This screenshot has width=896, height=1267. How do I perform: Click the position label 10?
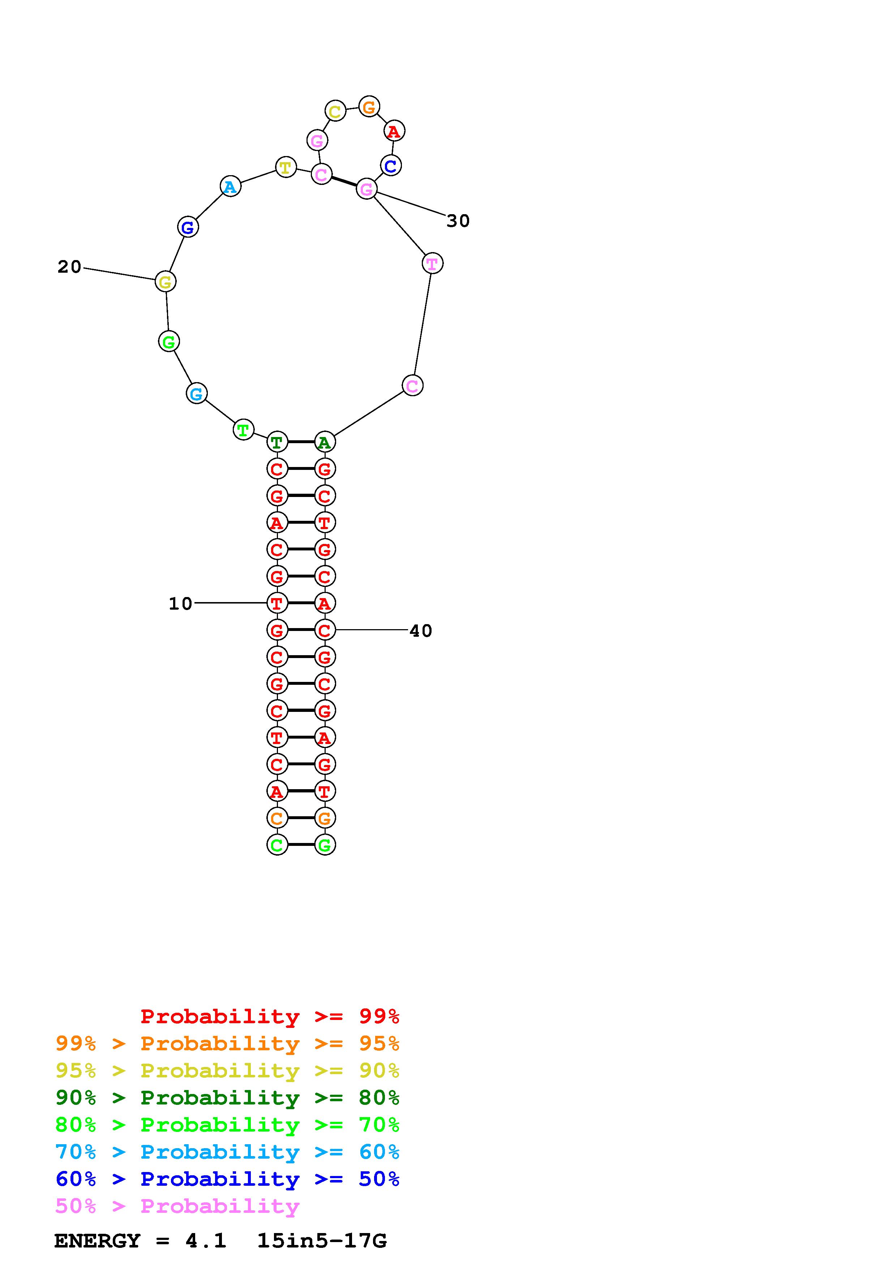coord(180,604)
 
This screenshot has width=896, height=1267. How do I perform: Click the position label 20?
coord(69,267)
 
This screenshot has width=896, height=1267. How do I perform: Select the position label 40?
coord(421,631)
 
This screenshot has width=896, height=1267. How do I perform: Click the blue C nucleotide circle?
coord(391,165)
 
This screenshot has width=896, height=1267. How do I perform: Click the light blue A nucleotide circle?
coord(230,186)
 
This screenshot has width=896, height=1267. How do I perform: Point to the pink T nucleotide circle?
coord(432,264)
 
